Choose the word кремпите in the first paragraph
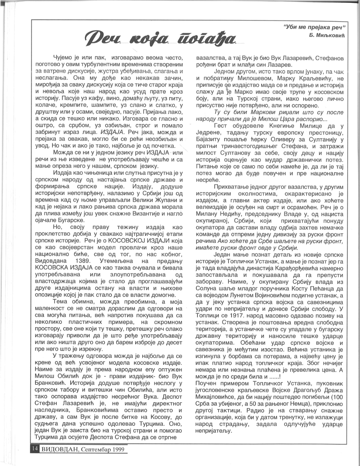(73, 105)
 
